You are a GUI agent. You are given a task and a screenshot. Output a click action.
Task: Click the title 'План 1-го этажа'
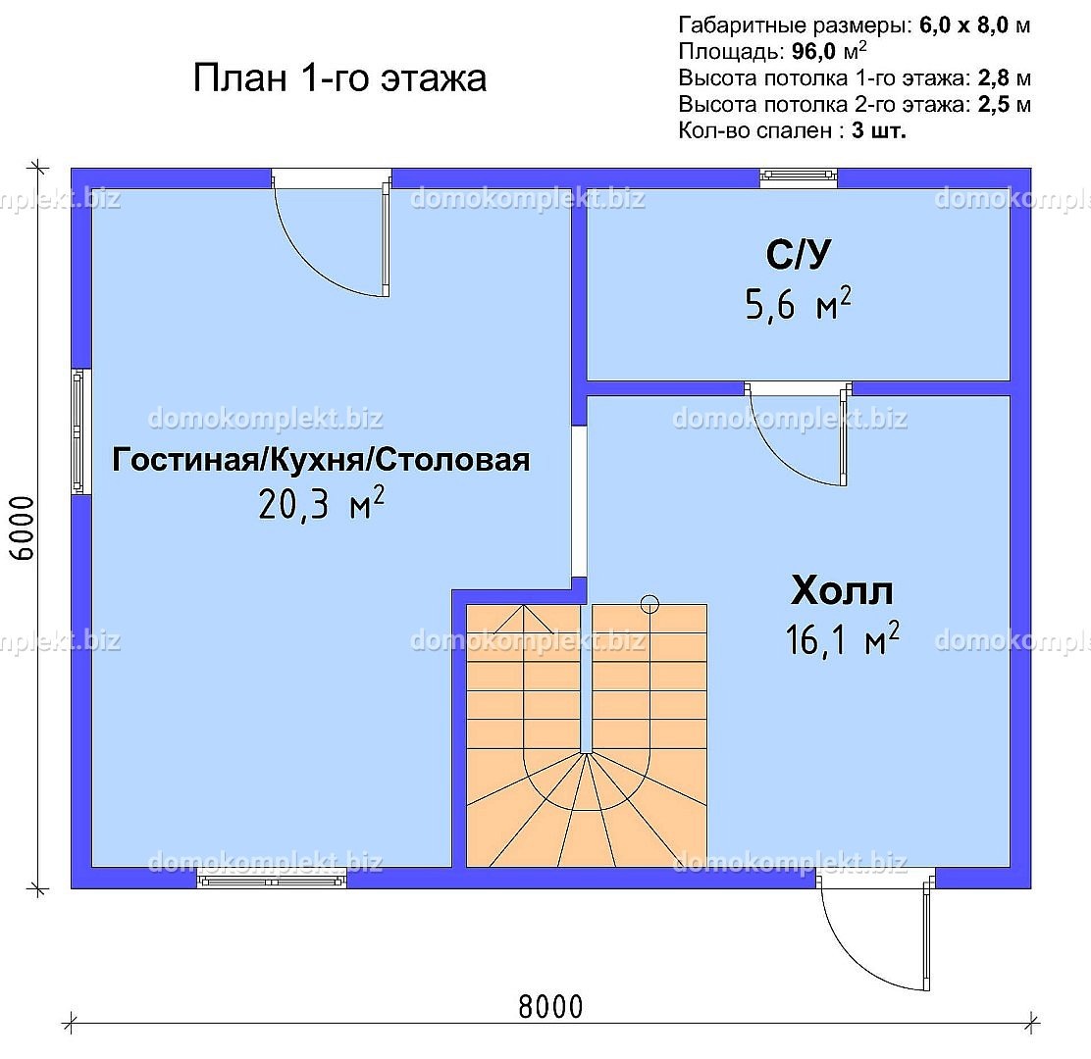[339, 77]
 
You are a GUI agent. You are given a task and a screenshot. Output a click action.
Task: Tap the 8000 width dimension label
[550, 1007]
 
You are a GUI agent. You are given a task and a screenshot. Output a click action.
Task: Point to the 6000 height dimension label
[22, 529]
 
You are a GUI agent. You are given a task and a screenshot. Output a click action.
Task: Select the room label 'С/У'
[798, 255]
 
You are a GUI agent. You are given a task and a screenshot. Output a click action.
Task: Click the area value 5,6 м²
[798, 304]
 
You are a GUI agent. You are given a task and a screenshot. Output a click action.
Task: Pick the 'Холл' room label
[842, 590]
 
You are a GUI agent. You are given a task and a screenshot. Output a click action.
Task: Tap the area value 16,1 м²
[842, 638]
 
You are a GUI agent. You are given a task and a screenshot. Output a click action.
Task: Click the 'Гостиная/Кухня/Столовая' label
[321, 460]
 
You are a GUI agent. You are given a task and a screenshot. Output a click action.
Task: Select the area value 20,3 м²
[321, 503]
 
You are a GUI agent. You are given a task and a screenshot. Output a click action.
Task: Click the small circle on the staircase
[649, 604]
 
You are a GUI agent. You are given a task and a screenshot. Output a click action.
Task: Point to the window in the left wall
[81, 431]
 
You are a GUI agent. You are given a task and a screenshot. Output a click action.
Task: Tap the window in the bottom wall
[272, 879]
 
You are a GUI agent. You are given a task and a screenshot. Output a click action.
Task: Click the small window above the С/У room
[798, 177]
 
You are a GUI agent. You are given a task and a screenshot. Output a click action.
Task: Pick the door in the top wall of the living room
[332, 233]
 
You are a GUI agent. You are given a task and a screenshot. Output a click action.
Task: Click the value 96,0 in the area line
[813, 51]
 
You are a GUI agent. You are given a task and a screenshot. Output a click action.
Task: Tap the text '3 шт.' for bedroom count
[879, 130]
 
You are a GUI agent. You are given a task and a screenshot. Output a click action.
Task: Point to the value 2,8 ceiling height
[993, 77]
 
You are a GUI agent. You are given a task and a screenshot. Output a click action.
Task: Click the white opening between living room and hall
[579, 501]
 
